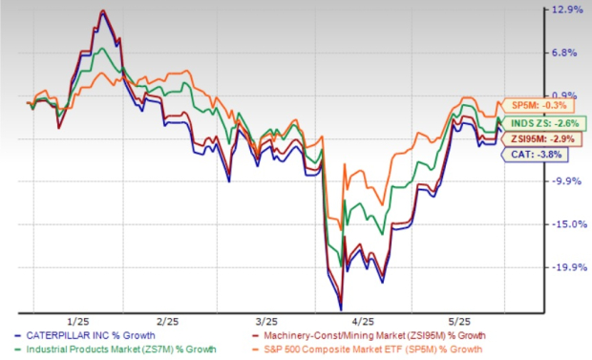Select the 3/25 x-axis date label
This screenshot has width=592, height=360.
(x=266, y=320)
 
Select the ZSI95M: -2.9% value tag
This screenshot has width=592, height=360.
(x=538, y=138)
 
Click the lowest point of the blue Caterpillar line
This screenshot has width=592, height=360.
(x=340, y=307)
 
